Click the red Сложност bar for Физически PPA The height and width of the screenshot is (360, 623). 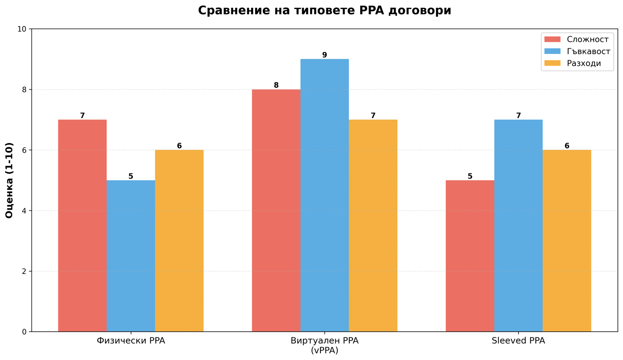coord(82,226)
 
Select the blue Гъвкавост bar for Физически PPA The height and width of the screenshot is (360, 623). coord(131,256)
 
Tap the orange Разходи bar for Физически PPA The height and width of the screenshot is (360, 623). coord(179,241)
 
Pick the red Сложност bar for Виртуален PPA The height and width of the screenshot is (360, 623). coord(276,210)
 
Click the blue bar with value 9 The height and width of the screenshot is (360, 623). coord(324,195)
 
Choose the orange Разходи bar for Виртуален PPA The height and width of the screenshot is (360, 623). coord(373,226)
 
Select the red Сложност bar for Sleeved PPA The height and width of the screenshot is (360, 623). coord(470,256)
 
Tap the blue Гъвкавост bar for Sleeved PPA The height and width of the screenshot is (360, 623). coord(518,226)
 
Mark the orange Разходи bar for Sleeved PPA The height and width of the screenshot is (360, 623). coord(567,241)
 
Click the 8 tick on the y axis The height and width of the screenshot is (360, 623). coord(24,90)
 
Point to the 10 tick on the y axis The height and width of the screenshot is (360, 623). coord(22,29)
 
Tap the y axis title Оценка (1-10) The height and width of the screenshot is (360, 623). coord(9,180)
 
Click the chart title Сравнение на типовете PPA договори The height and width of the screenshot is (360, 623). coord(324,11)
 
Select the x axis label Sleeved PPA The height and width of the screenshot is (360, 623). coord(518,341)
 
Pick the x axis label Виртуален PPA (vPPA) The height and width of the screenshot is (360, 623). coord(324,345)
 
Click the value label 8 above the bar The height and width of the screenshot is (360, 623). coord(276,85)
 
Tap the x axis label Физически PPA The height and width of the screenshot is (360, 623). coord(131,341)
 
